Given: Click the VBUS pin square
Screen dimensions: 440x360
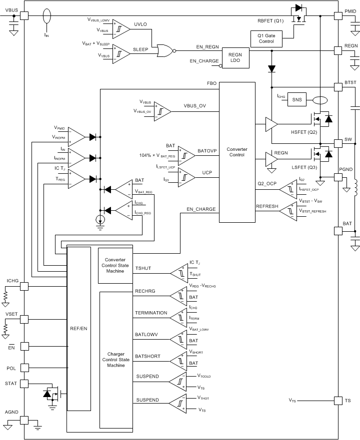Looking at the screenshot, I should point(23,15).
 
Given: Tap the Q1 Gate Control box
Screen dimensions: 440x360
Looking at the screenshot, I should point(266,38).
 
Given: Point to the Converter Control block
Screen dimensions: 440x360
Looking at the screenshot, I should point(236,152).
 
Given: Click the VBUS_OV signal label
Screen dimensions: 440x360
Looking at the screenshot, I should point(194,106).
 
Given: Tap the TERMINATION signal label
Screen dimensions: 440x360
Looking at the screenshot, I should point(151,313).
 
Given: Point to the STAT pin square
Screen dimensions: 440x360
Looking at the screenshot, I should point(23,383).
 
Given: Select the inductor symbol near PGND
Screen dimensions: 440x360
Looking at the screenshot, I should point(355,189).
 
